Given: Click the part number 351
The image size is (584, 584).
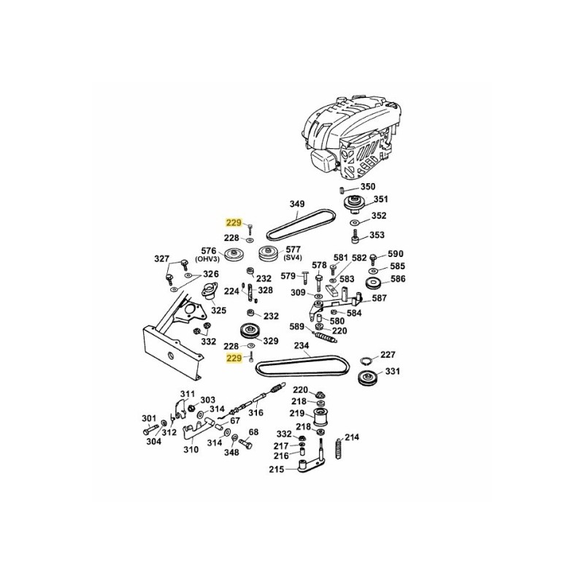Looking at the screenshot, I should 380,199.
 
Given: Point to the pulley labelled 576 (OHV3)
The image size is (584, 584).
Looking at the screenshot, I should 234,255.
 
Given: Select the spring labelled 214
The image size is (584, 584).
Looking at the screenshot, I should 339,446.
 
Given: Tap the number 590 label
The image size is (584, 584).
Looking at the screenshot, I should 395,254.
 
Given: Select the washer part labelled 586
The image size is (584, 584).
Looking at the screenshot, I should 375,280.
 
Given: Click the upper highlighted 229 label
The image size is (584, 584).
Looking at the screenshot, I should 233,223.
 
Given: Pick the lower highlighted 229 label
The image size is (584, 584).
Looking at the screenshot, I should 233,358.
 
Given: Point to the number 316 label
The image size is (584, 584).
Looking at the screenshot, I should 255,413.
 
